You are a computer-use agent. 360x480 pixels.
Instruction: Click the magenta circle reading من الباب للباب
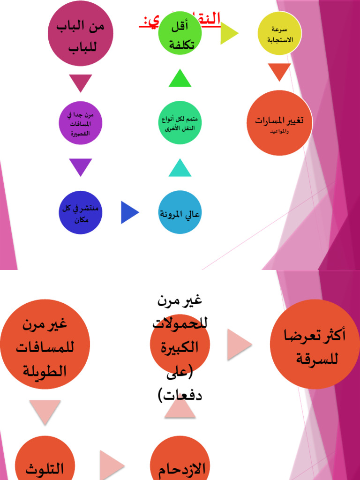point(81,34)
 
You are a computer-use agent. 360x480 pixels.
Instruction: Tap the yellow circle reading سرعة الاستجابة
point(280,33)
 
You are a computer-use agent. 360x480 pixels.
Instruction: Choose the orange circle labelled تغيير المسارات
point(279,123)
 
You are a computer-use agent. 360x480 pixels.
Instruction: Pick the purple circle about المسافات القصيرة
point(81,123)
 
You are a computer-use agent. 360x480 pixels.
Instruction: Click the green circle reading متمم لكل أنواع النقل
point(180,122)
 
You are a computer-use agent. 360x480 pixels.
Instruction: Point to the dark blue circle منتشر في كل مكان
point(81,212)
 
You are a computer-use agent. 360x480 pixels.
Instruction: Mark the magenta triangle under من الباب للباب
point(81,82)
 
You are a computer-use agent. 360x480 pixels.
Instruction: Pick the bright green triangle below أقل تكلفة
point(180,79)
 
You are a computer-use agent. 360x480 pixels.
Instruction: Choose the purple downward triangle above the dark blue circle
point(81,166)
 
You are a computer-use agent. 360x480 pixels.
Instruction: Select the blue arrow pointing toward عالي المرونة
point(129,212)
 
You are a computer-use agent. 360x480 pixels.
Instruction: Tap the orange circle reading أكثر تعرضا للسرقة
point(315,345)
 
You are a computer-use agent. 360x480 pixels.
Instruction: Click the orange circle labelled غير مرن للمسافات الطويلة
point(45,345)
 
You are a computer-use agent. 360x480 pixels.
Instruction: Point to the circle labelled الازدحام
point(180,462)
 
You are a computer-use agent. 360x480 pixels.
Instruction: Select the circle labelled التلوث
point(45,462)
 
